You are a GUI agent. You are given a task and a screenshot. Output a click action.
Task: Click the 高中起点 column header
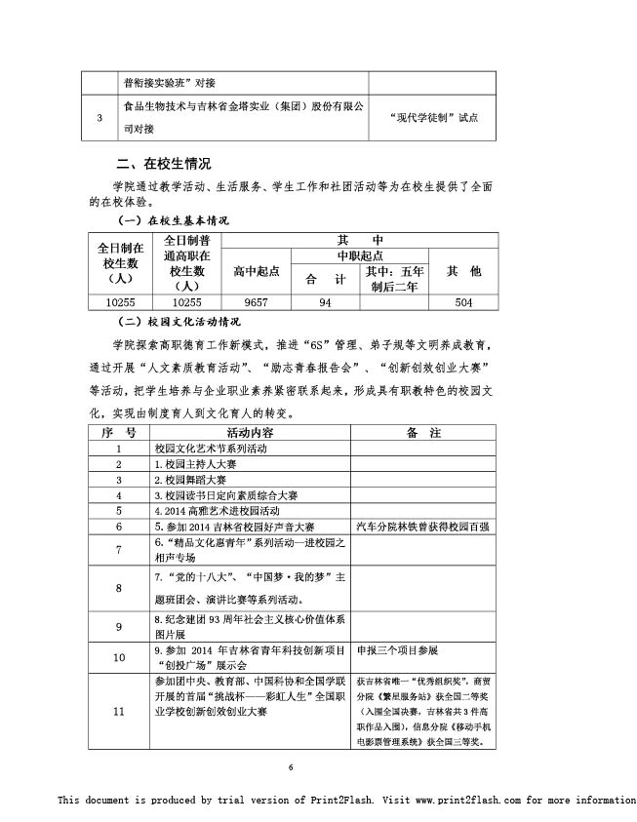(x=256, y=272)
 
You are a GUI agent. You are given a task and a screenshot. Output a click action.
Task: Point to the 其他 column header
(x=463, y=272)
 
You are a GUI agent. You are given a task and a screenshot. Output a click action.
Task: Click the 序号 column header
(x=119, y=432)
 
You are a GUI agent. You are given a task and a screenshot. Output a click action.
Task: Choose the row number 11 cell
(x=119, y=711)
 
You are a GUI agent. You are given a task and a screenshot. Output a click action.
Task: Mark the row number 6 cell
(x=119, y=526)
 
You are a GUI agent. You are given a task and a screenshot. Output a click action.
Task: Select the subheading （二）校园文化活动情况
(x=179, y=322)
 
